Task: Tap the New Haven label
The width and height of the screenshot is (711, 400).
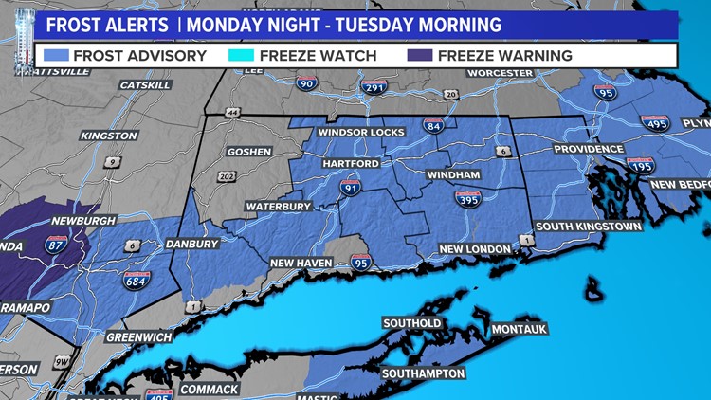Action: click(301, 262)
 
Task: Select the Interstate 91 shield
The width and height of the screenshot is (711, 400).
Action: click(351, 188)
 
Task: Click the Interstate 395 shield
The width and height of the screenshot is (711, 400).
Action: click(466, 199)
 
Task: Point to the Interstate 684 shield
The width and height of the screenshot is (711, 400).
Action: click(137, 280)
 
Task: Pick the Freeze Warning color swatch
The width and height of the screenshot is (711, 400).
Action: click(421, 55)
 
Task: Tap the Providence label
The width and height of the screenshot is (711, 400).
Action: click(589, 149)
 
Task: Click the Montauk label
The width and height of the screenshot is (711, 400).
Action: click(520, 329)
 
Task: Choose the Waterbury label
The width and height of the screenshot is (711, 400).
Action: click(279, 206)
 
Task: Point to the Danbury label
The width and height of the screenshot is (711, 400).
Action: click(191, 244)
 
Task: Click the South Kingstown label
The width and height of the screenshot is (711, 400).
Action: click(588, 227)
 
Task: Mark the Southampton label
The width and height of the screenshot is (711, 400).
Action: click(423, 373)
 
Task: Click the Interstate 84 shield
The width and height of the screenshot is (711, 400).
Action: click(433, 125)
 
